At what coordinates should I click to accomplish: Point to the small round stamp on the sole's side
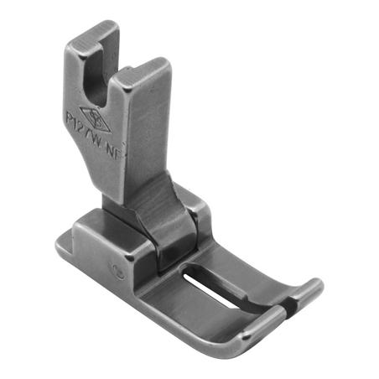coord(122,272)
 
